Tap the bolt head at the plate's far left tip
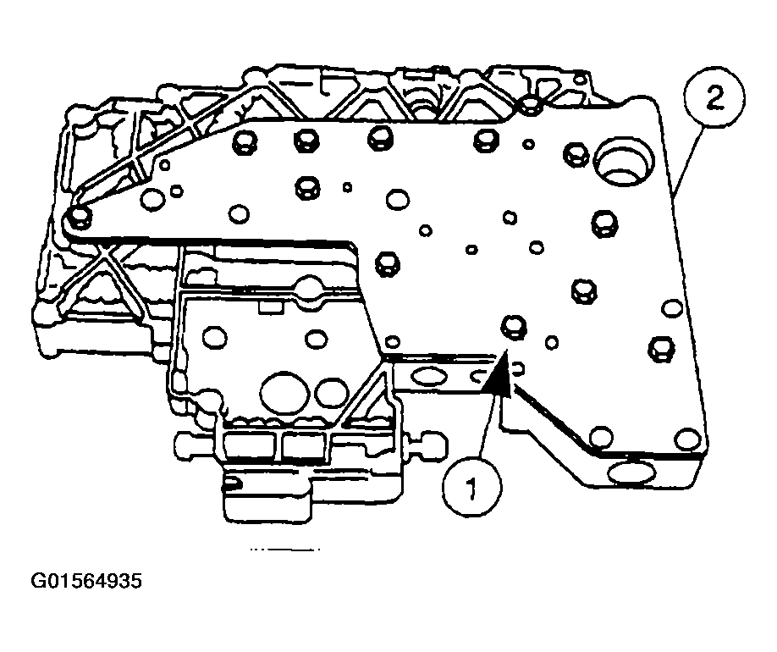coord(80,218)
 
